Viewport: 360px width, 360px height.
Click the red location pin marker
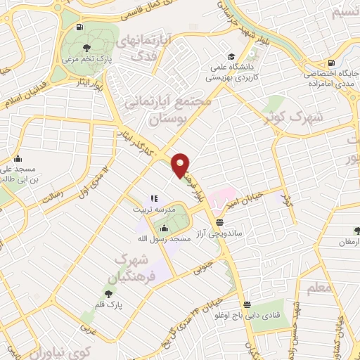[x=181, y=165]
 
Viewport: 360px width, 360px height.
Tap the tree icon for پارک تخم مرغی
[x=86, y=48]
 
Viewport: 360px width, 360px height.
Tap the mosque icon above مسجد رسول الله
[x=164, y=229]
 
